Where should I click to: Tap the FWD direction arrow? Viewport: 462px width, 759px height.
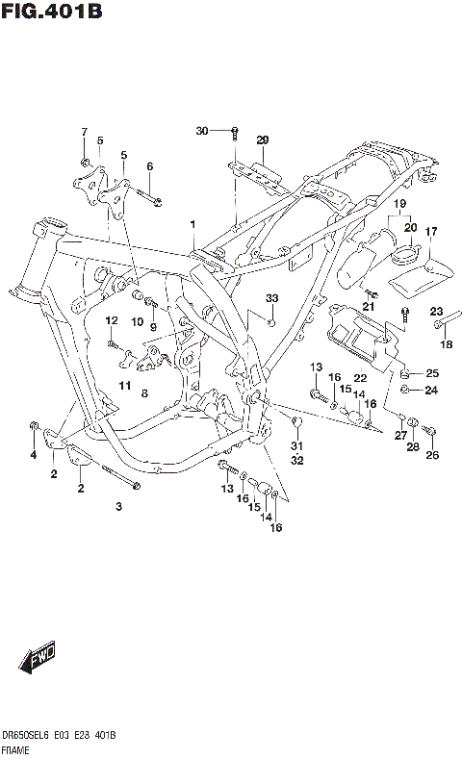coord(39,659)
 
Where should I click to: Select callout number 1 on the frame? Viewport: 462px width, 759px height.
coord(192,224)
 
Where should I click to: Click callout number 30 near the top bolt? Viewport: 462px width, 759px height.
coord(201,130)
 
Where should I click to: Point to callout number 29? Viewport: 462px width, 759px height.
coord(262,140)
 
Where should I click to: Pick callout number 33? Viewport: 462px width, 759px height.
coord(271,298)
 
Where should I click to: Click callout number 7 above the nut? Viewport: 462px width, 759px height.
coord(84,132)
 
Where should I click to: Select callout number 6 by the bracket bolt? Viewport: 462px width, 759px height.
coord(149,166)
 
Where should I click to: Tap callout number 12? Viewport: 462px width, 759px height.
coord(112,320)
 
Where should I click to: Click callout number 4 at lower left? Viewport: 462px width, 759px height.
coord(33,454)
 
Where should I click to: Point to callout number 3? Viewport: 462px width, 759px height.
coord(118,506)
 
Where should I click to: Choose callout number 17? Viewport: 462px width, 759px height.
coord(431,231)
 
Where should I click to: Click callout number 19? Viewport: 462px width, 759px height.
coord(400,205)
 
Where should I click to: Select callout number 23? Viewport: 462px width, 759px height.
coord(435,311)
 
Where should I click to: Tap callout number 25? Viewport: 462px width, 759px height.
coord(432,373)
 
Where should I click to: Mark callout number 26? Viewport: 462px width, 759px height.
coord(432,455)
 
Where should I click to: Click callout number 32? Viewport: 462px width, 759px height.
coord(296,461)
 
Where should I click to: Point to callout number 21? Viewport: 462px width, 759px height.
coord(367,306)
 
